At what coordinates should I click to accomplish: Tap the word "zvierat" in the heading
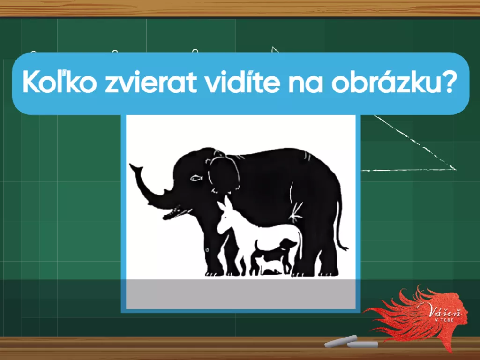(150, 82)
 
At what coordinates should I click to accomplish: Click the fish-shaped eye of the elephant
(196, 178)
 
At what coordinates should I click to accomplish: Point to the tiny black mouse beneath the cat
(270, 271)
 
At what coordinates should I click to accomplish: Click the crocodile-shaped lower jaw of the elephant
(176, 213)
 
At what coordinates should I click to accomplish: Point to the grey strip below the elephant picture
(241, 294)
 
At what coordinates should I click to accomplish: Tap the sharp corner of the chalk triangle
(455, 169)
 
